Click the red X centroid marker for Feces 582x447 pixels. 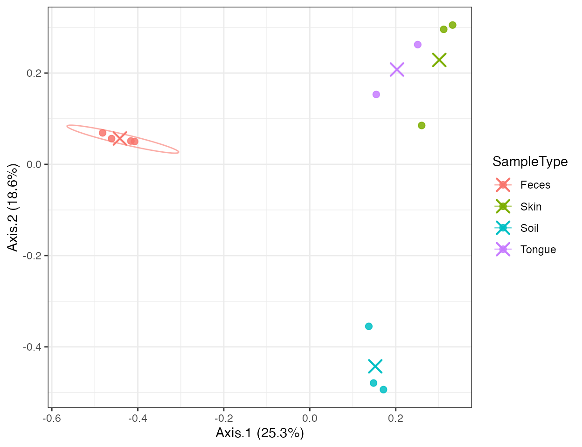point(120,138)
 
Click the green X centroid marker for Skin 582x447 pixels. point(439,60)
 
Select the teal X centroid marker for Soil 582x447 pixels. point(375,366)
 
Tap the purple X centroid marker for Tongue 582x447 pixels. point(397,69)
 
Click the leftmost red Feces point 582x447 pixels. point(103,133)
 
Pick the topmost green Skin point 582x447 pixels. point(452,25)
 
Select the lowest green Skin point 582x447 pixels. point(422,125)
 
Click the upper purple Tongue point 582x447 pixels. point(418,45)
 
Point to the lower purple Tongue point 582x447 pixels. point(376,95)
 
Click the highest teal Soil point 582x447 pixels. point(369,326)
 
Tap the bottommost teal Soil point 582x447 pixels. point(383,390)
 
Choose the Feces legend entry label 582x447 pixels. point(535,185)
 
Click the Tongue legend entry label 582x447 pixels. point(538,250)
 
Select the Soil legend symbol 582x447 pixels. point(503,228)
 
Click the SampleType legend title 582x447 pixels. point(530,162)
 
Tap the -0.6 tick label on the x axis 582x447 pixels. point(52,418)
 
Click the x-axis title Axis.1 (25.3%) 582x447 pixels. point(260,433)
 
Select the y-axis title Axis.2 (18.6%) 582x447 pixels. point(13,207)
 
